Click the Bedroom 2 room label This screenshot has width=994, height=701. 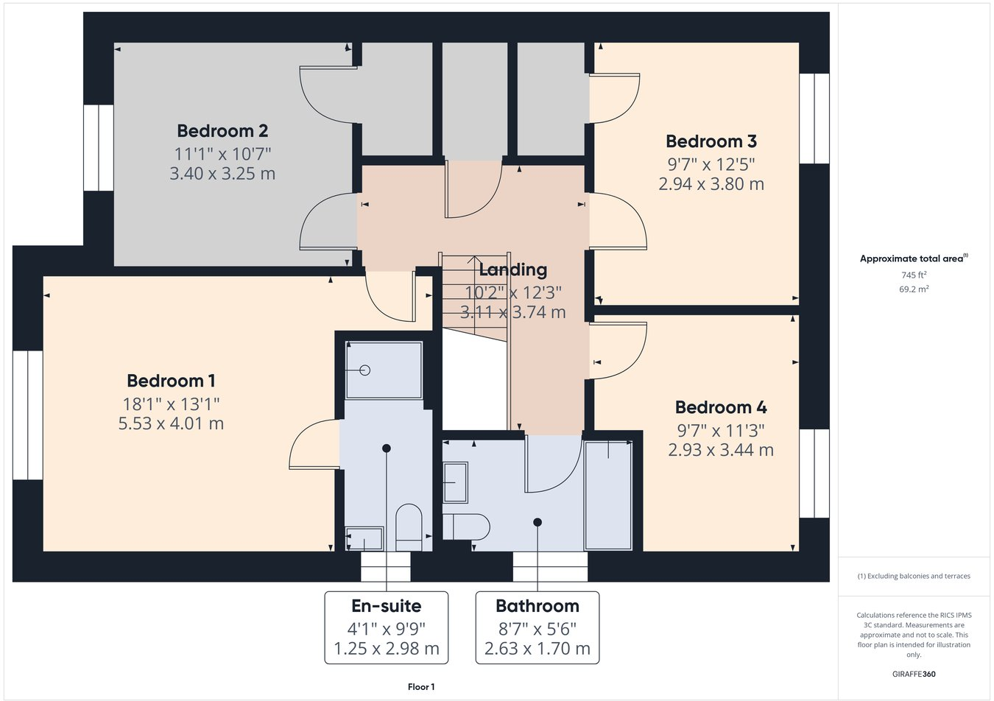222,131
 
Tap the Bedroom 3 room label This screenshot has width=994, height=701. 711,141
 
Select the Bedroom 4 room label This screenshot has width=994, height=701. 721,407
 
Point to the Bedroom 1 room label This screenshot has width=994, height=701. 171,381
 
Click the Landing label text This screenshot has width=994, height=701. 513,270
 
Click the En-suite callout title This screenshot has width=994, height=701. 386,606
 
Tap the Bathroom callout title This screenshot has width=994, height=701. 537,606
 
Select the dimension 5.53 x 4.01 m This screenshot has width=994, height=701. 171,423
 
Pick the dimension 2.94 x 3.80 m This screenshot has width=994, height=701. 711,184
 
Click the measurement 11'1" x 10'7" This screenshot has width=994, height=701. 222,154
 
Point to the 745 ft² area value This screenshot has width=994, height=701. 913,275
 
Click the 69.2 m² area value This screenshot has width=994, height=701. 913,289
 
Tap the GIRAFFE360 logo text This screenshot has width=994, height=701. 913,674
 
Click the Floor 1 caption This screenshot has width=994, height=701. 421,687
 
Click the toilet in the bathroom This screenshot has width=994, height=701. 468,526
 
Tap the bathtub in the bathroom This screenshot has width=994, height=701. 608,495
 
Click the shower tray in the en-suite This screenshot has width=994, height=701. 384,370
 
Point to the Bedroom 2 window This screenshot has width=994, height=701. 98,148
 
